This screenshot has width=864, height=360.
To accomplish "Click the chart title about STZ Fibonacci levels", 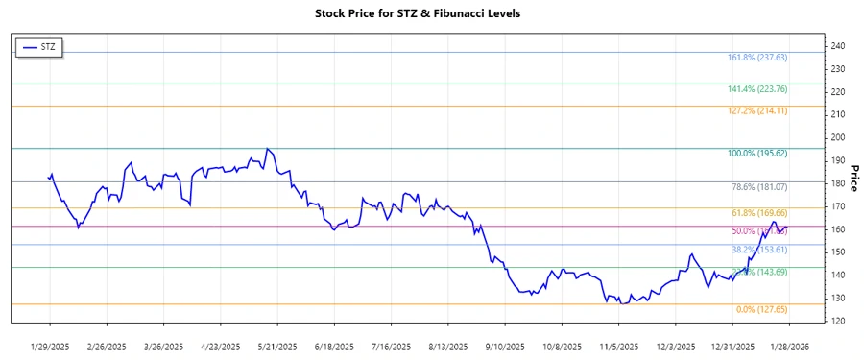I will (x=431, y=13).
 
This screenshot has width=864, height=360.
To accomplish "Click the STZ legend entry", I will (x=39, y=47).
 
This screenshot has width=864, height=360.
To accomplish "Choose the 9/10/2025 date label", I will (x=504, y=345).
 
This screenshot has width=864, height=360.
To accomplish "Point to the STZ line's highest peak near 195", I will (x=267, y=149).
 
